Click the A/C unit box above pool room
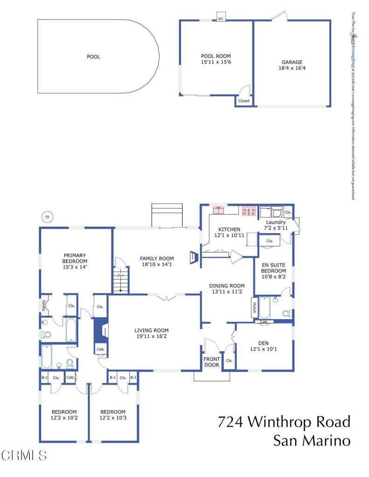pyautogui.click(x=221, y=19)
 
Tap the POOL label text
pyautogui.click(x=93, y=57)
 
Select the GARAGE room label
pyautogui.click(x=292, y=62)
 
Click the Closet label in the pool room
pyautogui.click(x=244, y=101)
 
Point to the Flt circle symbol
pyautogui.click(x=47, y=217)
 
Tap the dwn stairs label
pyautogui.click(x=120, y=276)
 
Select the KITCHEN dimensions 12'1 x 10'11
pyautogui.click(x=230, y=236)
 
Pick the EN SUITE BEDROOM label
pyautogui.click(x=273, y=268)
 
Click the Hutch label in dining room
pyautogui.click(x=255, y=307)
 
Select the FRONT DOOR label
pyautogui.click(x=211, y=361)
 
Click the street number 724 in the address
pyautogui.click(x=230, y=422)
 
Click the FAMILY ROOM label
pyautogui.click(x=157, y=259)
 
